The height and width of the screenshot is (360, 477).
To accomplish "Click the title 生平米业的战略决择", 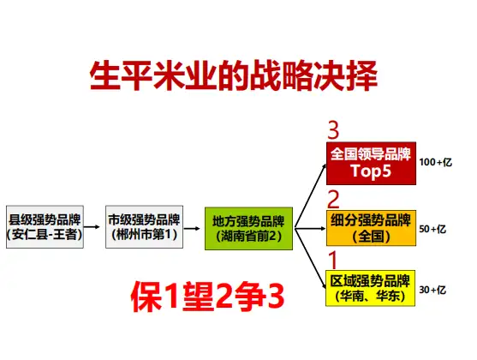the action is (234, 75).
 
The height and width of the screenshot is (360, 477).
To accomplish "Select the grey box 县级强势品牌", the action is (45, 226).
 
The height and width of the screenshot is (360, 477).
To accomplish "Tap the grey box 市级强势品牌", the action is (144, 226).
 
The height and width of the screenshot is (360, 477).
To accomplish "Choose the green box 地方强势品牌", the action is (249, 228).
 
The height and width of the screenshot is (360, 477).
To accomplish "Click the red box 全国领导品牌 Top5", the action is (371, 163).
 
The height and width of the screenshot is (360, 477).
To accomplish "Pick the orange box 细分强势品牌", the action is (371, 228).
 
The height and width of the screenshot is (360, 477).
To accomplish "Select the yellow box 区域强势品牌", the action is (371, 288).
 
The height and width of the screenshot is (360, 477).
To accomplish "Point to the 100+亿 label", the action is (436, 162).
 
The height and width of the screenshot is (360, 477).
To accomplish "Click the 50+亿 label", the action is (432, 229).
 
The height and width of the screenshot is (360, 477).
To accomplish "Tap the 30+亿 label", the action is (432, 290).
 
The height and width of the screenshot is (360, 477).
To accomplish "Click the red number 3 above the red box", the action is (333, 130).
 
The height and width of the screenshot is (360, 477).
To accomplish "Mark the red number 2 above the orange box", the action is (333, 200).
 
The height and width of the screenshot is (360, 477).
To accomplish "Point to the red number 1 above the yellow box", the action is (333, 260).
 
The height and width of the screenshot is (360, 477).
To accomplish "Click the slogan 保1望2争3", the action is (207, 296).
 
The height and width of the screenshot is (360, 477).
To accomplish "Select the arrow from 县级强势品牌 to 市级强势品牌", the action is (92, 226).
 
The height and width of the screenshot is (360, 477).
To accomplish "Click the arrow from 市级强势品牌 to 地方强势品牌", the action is (192, 228).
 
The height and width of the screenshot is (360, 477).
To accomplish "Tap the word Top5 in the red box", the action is (371, 171).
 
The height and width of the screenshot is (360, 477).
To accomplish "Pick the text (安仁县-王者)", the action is (45, 235).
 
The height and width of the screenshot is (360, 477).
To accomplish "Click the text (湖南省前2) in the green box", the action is (249, 236).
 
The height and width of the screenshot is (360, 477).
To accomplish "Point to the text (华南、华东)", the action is (371, 296).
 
